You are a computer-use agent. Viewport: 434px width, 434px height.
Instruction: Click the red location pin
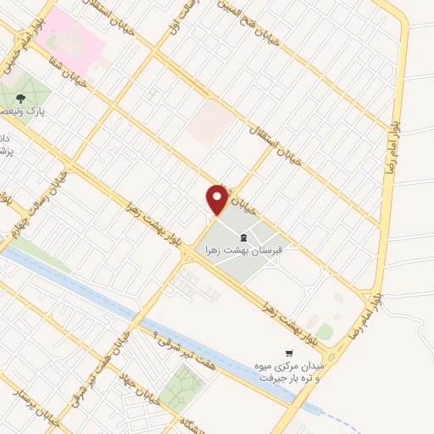point(217,198)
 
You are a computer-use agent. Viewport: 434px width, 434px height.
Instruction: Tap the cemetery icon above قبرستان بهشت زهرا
point(243,236)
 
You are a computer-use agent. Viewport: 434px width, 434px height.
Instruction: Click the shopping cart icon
point(290,353)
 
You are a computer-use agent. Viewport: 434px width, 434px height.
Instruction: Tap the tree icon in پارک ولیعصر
point(33,98)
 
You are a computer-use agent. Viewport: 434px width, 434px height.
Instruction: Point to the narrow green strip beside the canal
point(38,253)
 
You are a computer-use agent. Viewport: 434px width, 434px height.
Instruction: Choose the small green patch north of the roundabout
point(325,330)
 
